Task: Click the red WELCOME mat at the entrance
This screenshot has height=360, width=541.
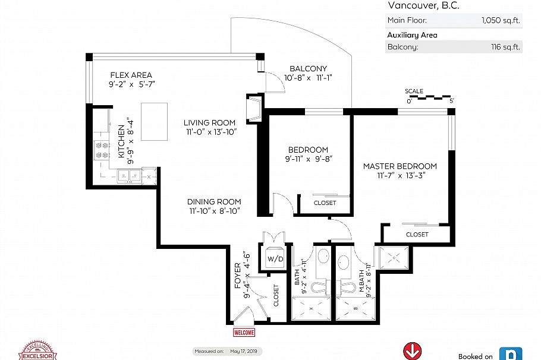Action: [x=244, y=333]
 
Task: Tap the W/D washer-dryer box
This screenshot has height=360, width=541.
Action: [x=275, y=258]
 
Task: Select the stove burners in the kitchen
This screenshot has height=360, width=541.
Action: [x=102, y=151]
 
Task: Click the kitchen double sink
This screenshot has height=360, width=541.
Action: [x=130, y=175]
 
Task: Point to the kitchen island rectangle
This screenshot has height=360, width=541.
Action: [x=154, y=122]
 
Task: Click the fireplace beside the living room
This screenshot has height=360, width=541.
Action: [x=254, y=108]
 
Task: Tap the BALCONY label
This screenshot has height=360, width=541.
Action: [x=308, y=69]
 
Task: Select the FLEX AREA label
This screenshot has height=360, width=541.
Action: [x=131, y=75]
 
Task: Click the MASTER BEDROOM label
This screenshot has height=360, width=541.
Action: [x=400, y=166]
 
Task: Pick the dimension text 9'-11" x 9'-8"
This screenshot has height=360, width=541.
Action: [x=309, y=159]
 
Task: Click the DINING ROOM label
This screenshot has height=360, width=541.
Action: [x=214, y=202]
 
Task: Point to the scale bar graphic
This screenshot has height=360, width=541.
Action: [x=430, y=97]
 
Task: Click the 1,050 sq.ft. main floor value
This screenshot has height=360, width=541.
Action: [x=501, y=20]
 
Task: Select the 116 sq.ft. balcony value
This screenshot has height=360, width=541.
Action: [x=505, y=47]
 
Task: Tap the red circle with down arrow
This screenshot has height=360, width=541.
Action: [x=413, y=351]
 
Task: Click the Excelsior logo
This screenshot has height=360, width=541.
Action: [x=37, y=351]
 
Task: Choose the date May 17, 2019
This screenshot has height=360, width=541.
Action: [x=244, y=351]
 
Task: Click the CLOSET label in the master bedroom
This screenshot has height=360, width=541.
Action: [x=417, y=235]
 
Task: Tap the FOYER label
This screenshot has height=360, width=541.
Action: [x=238, y=276]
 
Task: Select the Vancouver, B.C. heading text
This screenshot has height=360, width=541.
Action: [x=423, y=5]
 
